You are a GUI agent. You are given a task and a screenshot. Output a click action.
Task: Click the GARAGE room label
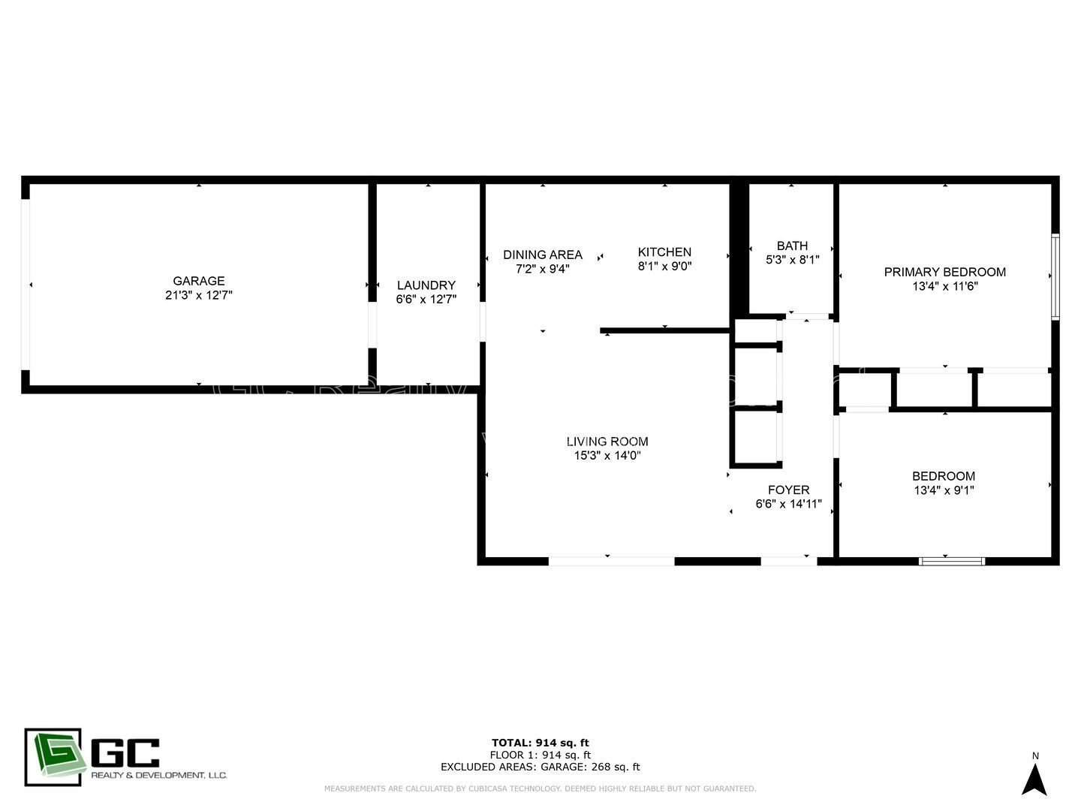pos(198,281)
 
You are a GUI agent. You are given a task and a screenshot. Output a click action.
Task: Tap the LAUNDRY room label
pos(426,285)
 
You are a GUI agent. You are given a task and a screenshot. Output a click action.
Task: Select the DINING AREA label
pos(542,255)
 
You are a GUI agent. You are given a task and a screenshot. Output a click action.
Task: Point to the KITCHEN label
pos(664,252)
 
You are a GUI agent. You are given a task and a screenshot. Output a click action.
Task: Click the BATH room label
pos(792,246)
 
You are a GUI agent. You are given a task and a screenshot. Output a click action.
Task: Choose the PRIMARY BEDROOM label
pos(944,272)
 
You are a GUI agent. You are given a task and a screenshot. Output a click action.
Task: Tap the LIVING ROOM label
pos(607,442)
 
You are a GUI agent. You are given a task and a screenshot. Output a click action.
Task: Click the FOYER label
pos(788,490)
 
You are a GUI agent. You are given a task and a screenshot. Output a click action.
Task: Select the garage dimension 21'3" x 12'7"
pos(198,296)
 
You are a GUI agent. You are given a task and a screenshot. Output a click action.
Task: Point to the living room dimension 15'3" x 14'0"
pos(607,456)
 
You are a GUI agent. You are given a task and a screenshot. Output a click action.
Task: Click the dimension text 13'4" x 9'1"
pos(944,490)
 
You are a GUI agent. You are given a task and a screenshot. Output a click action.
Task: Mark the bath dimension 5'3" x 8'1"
pos(792,260)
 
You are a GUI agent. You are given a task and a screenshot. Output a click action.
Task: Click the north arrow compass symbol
pos(1034,779)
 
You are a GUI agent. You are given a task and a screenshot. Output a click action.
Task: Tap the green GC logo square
pos(53,757)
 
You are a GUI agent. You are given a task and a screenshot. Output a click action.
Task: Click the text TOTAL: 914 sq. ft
pos(540,743)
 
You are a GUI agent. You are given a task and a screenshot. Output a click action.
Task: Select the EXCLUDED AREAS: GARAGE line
pos(540,767)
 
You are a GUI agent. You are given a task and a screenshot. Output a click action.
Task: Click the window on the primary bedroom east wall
pos(1055,276)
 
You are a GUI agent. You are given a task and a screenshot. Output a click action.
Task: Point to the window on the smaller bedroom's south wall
pos(952,560)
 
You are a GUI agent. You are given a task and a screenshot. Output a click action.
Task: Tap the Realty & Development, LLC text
pos(158,775)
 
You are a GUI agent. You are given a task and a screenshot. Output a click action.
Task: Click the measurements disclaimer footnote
pos(540,788)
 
